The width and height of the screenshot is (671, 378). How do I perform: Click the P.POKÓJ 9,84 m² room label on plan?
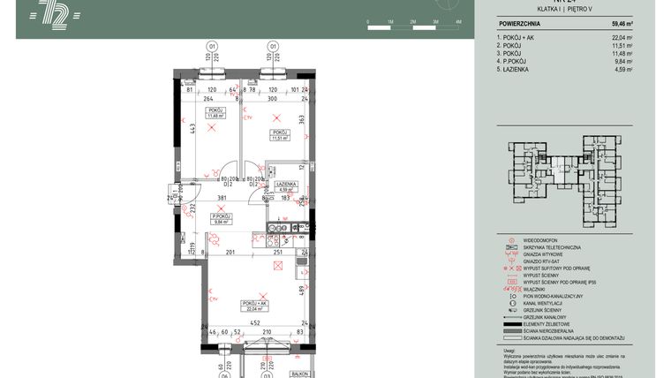point(221,219)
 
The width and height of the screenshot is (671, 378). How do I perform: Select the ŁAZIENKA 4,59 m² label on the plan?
point(283,185)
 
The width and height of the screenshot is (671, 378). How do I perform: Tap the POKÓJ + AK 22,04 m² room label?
point(253,305)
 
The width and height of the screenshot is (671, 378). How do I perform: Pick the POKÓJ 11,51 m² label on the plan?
point(280,135)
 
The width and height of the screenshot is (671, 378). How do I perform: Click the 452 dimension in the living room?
point(253,323)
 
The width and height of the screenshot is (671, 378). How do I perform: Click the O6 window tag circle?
point(224,374)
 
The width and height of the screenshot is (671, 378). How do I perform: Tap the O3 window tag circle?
point(263,374)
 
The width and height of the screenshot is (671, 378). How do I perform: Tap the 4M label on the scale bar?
point(458,19)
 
